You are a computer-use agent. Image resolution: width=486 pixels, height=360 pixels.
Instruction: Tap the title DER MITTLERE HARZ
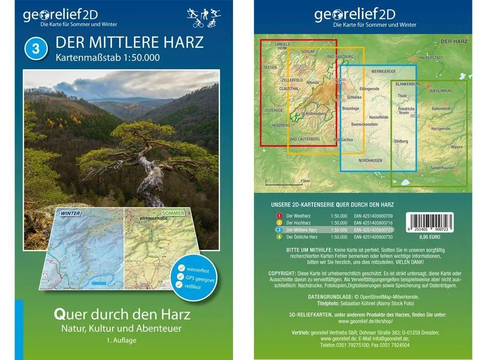tap(130, 42)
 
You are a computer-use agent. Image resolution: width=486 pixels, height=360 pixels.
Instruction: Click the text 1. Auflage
tap(122, 340)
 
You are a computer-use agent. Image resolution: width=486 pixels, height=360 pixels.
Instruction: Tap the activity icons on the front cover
tap(204, 18)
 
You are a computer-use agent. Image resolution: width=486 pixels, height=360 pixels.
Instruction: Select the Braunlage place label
tap(350, 108)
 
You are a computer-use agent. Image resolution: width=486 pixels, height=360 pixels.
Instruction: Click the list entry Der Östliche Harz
tap(302, 237)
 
